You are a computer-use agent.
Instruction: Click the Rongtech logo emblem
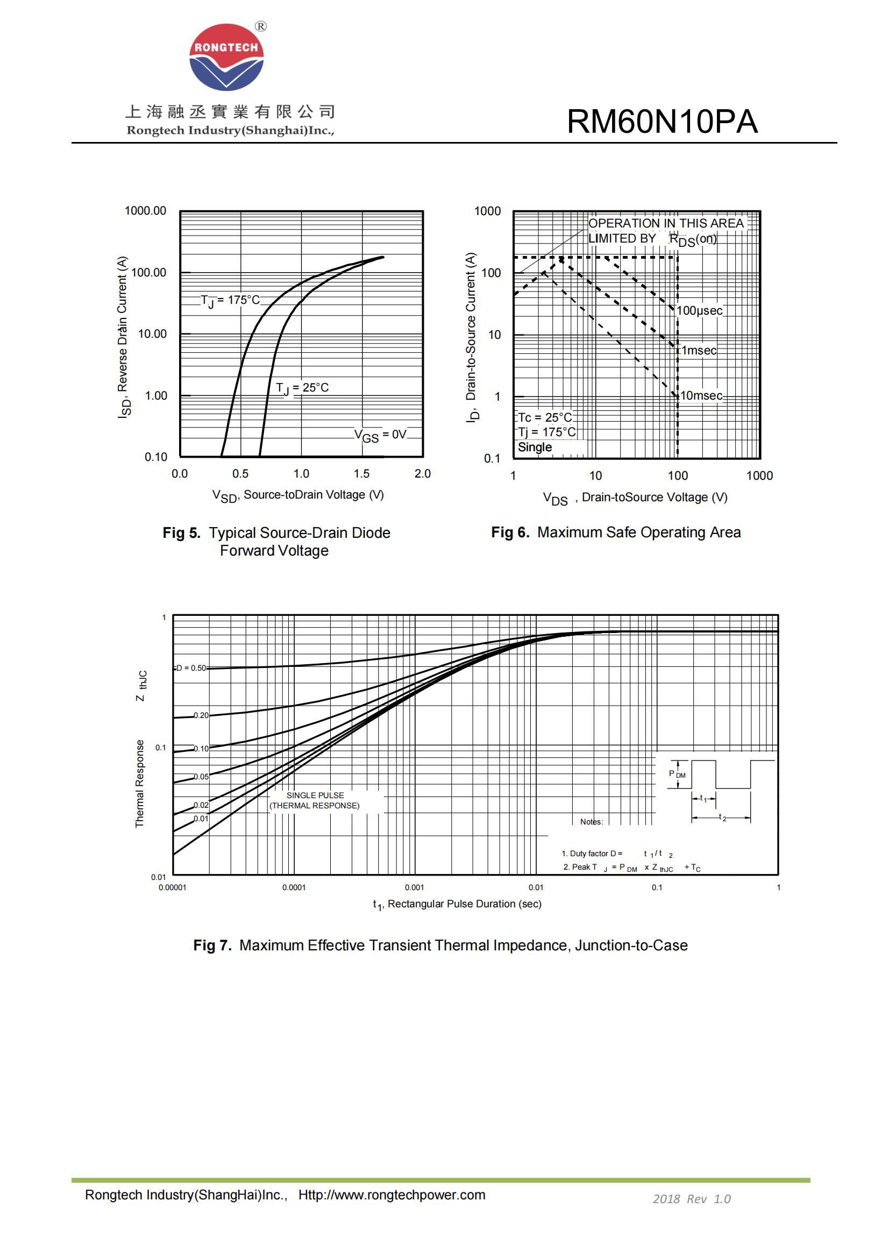tap(226, 57)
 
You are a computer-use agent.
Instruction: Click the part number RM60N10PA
tap(662, 122)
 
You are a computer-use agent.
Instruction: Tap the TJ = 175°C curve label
tap(230, 300)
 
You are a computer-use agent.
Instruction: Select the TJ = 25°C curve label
tap(302, 388)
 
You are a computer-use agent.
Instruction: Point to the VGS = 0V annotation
tap(380, 435)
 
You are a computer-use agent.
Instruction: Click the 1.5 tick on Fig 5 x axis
tap(361, 474)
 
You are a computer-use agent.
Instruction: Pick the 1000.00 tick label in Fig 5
tap(145, 211)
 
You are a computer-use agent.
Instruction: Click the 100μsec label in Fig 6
tap(700, 311)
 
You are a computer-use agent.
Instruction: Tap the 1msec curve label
tap(699, 351)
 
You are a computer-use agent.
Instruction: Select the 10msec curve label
tap(701, 396)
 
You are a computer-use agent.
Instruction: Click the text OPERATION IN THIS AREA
tap(665, 224)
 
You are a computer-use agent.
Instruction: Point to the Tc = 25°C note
tap(544, 417)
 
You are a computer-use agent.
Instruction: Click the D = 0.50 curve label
tap(191, 668)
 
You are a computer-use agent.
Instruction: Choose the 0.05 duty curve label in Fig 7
tap(201, 777)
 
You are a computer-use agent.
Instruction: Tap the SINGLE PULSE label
tap(315, 795)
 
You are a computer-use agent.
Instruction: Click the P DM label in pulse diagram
tap(677, 773)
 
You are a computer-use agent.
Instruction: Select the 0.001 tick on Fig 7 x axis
tap(414, 887)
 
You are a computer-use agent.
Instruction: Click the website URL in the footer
tap(392, 1195)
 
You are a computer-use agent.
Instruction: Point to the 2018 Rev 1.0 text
tap(691, 1199)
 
